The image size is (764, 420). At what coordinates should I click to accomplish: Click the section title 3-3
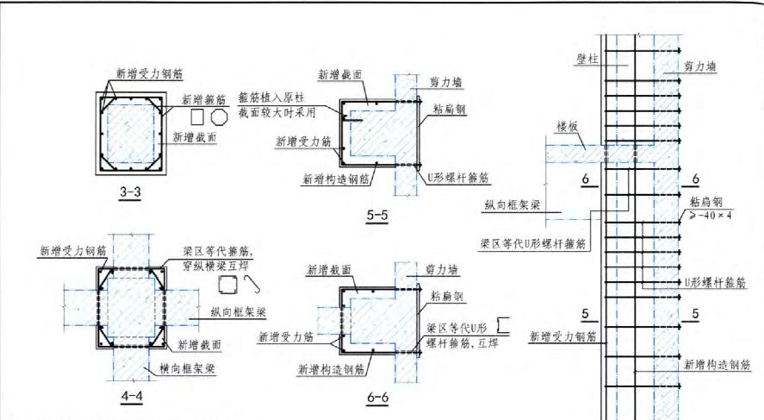point(130,192)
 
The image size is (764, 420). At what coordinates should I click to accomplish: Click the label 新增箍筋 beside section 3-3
point(203,99)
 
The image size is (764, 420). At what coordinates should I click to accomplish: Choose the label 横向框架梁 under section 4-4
point(189,369)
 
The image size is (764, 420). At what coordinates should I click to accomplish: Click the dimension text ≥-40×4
point(710,215)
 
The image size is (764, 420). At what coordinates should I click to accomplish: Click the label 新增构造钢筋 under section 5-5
point(336,180)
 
